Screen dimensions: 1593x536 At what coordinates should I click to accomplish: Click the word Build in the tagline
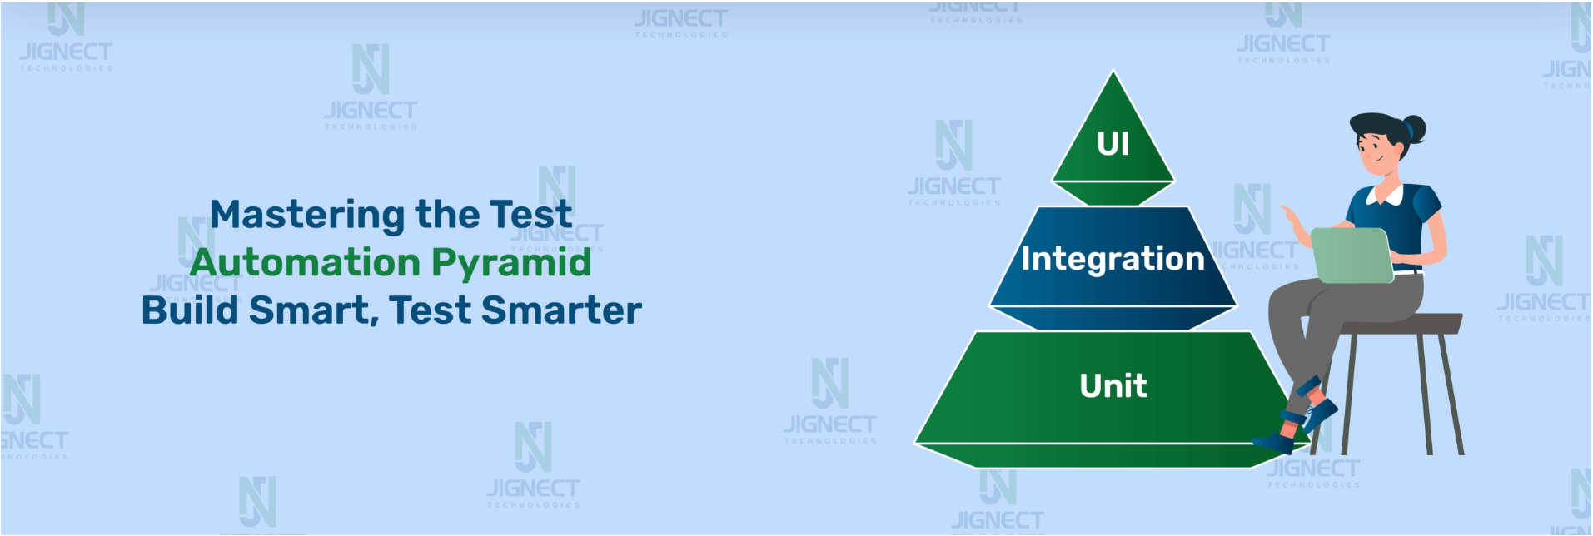pyautogui.click(x=190, y=310)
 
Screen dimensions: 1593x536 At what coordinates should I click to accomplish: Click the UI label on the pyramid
pyautogui.click(x=1113, y=144)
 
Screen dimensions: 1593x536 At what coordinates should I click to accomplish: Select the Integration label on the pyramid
pyautogui.click(x=1113, y=259)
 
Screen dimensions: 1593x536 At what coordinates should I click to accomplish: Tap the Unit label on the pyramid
pyautogui.click(x=1113, y=385)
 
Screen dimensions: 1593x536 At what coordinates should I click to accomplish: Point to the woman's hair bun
pyautogui.click(x=1413, y=129)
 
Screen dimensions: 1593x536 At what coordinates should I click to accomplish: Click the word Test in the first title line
pyautogui.click(x=530, y=216)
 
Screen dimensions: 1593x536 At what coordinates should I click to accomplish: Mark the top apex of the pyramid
pyautogui.click(x=1113, y=71)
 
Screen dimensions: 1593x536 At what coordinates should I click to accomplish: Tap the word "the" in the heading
pyautogui.click(x=447, y=216)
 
